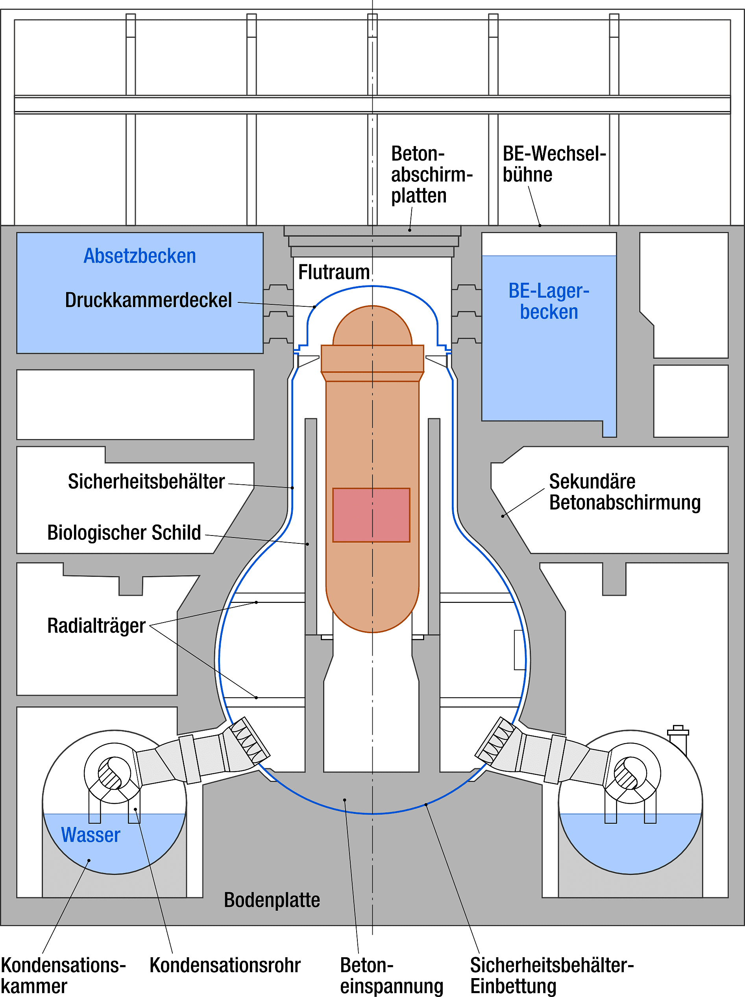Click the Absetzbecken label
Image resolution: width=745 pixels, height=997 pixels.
pos(140,256)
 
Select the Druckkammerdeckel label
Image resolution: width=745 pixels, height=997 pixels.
pos(148,300)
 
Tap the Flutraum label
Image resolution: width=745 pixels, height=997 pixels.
pos(334,272)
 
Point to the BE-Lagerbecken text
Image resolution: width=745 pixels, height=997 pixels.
pos(549,302)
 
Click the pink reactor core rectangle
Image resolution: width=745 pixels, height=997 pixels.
pos(371,515)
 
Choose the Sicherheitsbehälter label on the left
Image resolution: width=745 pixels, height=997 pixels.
pos(146,482)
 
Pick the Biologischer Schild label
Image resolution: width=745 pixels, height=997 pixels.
pos(124,533)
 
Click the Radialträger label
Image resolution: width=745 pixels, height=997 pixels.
pos(96,626)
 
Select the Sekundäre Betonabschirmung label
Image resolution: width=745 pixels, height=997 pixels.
pos(624,492)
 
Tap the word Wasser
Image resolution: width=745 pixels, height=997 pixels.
pos(91,835)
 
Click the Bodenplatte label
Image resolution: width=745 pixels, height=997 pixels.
pos(272,900)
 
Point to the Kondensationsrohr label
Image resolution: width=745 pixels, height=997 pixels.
pos(225,965)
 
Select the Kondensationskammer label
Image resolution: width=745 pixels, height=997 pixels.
pos(63,975)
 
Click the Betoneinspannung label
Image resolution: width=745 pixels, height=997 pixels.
pos(391,975)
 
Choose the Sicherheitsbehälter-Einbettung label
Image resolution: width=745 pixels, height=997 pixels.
pos(552,975)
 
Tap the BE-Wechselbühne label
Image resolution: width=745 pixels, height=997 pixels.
pos(554,164)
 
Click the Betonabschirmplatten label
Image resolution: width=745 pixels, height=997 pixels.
pos(431,174)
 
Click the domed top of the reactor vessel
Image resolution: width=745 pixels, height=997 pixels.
pos(372,325)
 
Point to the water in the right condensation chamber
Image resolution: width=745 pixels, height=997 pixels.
pos(630,843)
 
